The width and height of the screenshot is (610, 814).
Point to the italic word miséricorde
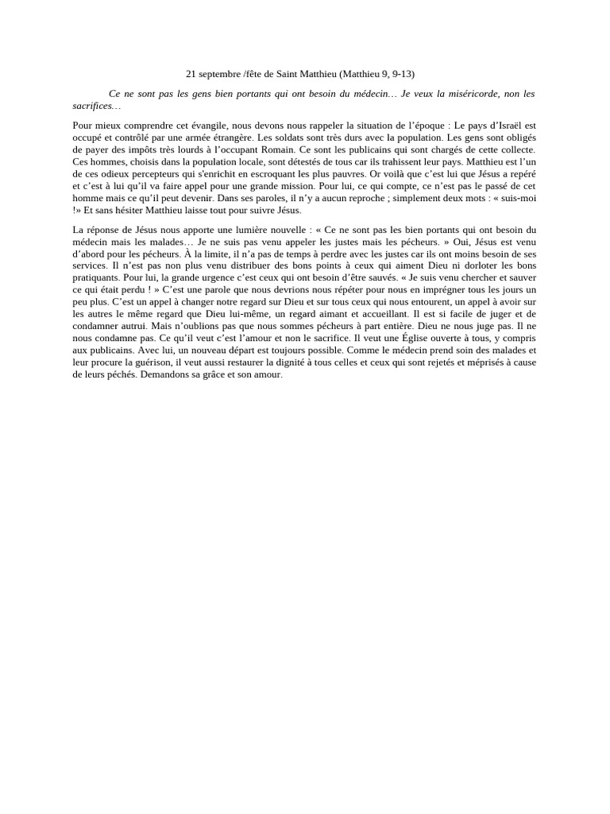473,94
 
